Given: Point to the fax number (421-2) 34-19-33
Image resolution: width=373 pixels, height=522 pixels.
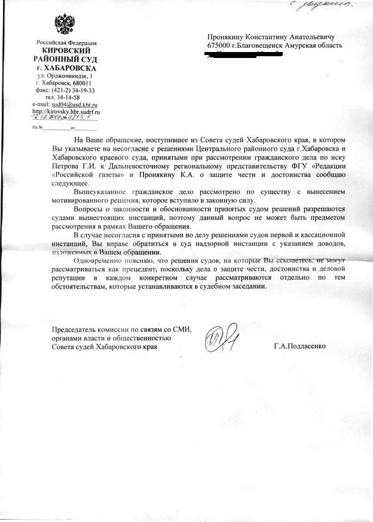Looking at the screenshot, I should click(x=72, y=90).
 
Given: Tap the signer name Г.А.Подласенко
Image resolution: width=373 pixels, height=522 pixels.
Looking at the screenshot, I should click(x=300, y=346).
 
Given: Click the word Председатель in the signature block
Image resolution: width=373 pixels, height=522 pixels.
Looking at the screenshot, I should click(x=76, y=330).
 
